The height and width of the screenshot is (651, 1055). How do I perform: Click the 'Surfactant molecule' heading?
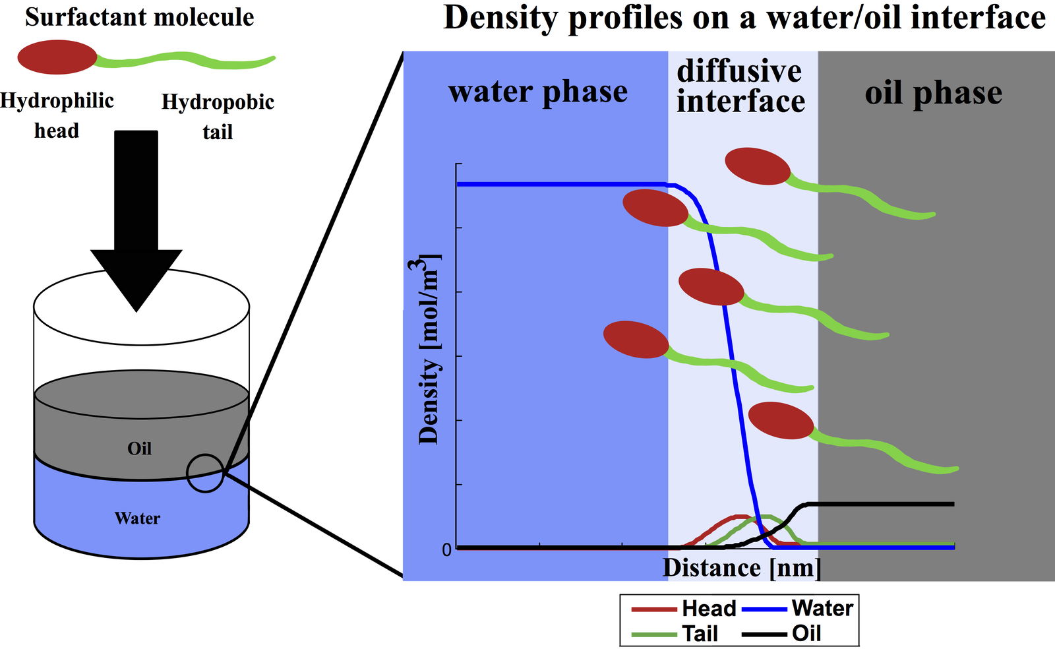(139, 17)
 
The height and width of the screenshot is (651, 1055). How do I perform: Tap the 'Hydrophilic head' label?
(57, 115)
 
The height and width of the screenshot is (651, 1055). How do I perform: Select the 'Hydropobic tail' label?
(218, 116)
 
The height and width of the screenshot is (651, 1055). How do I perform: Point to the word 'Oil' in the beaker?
(139, 449)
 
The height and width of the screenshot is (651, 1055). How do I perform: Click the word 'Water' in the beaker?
(137, 518)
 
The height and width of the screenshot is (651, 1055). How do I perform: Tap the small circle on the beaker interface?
(206, 473)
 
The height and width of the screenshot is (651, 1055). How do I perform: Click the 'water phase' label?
(537, 92)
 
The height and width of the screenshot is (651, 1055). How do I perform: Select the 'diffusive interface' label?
(740, 86)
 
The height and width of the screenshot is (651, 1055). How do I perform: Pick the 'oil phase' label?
(933, 93)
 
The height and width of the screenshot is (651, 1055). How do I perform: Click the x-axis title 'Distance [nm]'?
(742, 568)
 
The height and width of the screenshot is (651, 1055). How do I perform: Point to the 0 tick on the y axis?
(447, 549)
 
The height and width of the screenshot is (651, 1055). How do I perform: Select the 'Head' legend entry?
(684, 608)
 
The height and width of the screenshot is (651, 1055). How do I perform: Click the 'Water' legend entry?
(798, 608)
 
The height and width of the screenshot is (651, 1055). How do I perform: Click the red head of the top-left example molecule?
(57, 57)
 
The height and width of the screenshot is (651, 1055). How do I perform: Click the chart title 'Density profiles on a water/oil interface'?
(744, 18)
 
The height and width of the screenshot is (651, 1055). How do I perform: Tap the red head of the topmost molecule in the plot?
(758, 166)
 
